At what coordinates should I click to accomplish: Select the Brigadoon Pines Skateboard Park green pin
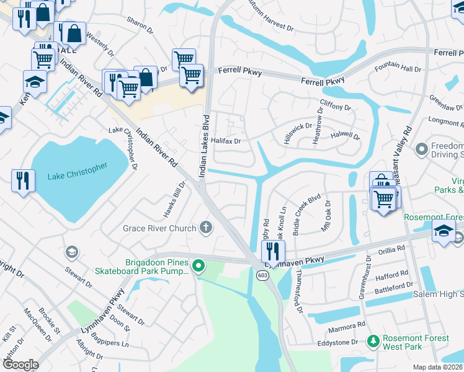coord(199,267)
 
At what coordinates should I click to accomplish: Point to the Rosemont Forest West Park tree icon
coord(373,341)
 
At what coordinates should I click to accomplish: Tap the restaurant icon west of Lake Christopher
coord(23,181)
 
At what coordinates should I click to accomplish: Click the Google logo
coord(20,365)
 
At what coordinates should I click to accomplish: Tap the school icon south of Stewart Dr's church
coord(71,252)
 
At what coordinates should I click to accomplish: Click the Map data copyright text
coord(438,367)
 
